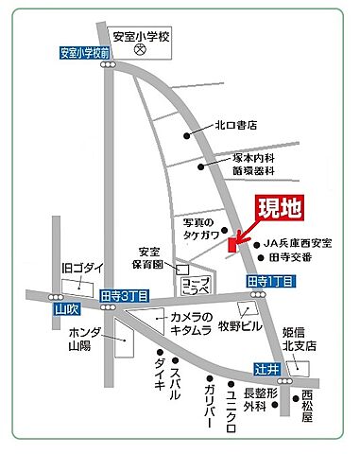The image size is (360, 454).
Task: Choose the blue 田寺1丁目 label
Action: pos(271,282)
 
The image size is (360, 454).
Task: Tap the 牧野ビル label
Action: pos(238,328)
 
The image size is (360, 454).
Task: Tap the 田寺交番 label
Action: pos(291,256)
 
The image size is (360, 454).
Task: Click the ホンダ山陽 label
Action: pos(84,340)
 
